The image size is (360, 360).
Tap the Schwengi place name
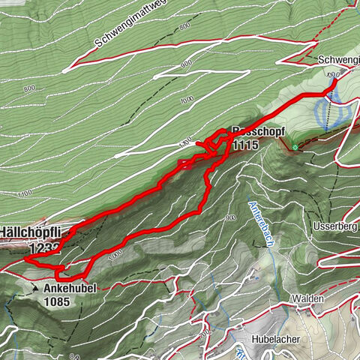point(337,60)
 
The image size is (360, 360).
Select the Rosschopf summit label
point(244,130)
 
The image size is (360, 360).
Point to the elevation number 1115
point(245,144)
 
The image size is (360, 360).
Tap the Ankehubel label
point(70,289)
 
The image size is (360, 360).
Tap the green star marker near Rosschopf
point(296,147)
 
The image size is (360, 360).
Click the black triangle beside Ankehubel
point(35,287)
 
